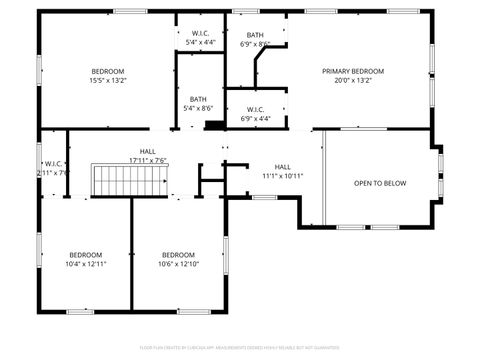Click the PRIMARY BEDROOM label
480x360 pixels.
[352, 71]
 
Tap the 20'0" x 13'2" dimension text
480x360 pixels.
[352, 81]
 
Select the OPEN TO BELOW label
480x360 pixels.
[380, 183]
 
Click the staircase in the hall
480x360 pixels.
[129, 182]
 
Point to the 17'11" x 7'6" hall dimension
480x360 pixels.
[147, 160]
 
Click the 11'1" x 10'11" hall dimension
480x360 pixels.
[283, 176]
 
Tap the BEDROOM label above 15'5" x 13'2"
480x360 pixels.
[108, 71]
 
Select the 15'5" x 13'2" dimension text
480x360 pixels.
[108, 81]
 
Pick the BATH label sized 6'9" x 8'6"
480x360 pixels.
[256, 35]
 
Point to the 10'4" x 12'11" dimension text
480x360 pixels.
[86, 264]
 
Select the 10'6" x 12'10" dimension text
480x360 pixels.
[178, 264]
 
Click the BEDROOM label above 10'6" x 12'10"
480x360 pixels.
[178, 254]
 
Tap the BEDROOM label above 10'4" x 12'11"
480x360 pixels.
[86, 254]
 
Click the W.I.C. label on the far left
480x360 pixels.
[54, 163]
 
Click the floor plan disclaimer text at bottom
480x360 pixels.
[239, 349]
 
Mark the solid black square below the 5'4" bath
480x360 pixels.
[212, 125]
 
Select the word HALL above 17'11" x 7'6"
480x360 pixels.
[147, 151]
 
